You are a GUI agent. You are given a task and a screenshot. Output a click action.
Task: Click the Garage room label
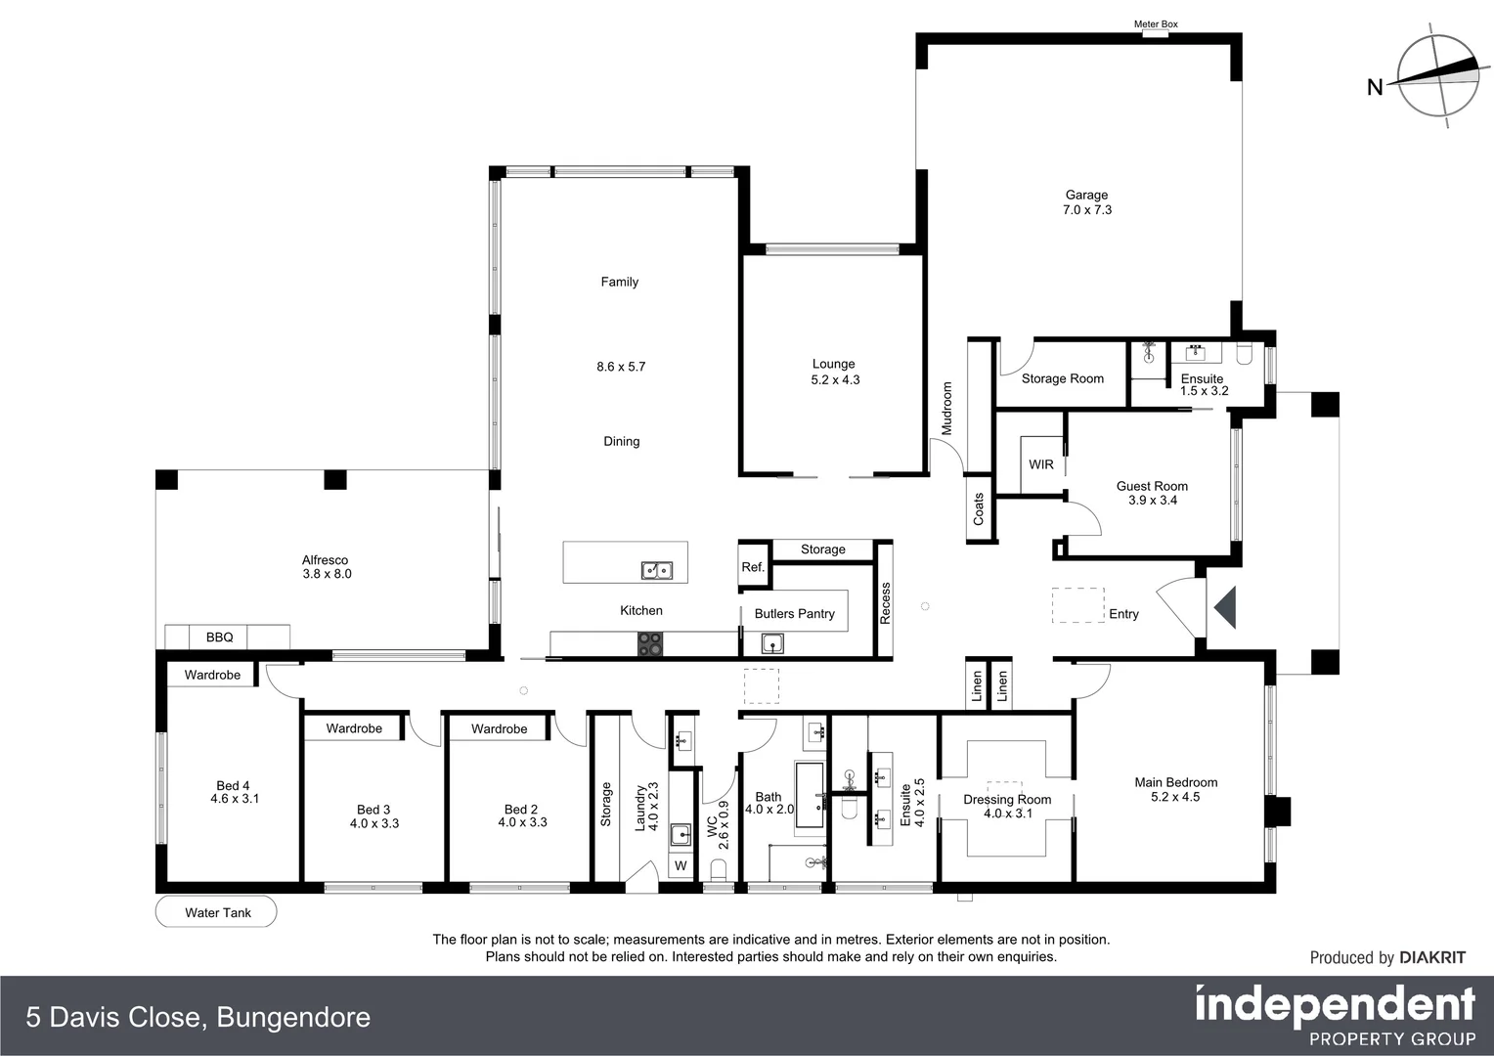click(1086, 196)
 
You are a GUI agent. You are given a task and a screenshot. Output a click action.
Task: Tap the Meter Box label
click(1155, 24)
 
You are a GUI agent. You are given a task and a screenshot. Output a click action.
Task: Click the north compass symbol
click(1437, 76)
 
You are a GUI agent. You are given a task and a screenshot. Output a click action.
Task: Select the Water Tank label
click(217, 912)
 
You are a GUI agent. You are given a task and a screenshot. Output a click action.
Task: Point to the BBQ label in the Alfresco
click(219, 638)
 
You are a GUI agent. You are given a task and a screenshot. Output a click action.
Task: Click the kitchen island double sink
click(655, 569)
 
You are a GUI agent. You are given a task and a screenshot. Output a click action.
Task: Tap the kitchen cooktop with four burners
click(651, 643)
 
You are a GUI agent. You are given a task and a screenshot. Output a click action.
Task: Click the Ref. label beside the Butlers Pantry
click(752, 567)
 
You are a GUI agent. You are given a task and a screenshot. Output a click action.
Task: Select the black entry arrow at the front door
click(1225, 607)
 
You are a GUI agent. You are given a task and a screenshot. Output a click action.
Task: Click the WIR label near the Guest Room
click(1040, 464)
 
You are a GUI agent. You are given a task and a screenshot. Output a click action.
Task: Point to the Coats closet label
click(979, 508)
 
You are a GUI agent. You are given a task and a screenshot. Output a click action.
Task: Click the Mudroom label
click(946, 408)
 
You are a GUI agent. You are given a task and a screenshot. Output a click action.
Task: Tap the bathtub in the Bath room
click(810, 794)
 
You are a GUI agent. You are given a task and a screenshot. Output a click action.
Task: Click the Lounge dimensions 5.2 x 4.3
click(835, 380)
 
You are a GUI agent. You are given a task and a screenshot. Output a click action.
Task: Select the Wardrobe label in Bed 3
click(354, 728)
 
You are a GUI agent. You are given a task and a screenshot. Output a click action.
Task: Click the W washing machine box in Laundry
click(681, 866)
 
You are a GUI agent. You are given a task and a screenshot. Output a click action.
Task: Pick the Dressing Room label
click(1007, 799)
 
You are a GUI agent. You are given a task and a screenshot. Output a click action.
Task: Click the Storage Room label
click(1062, 378)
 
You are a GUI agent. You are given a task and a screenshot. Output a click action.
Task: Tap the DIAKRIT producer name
click(1432, 958)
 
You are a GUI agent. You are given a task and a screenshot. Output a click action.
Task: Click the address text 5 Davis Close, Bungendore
click(198, 1018)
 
